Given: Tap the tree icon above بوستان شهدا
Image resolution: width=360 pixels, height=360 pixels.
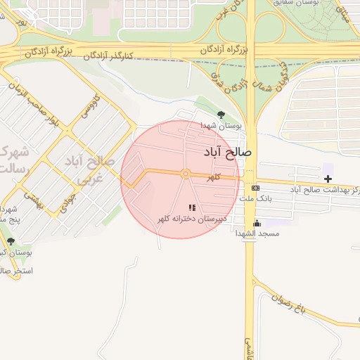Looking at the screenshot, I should tap(221, 114).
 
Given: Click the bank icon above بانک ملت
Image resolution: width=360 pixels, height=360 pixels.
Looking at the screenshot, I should tap(255, 188).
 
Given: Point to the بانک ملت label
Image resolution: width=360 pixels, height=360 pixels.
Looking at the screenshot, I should tap(255, 199).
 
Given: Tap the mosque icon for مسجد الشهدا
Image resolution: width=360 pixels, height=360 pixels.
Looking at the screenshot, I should tap(256, 224).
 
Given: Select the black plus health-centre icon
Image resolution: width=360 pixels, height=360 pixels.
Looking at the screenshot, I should tap(328, 179).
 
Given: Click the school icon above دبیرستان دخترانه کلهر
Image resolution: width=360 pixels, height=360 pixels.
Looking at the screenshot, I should tap(192, 207).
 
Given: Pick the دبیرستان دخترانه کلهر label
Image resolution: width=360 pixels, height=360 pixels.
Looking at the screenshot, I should tap(191, 219).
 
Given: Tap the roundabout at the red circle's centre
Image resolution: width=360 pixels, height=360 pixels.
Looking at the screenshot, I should tap(185, 174).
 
